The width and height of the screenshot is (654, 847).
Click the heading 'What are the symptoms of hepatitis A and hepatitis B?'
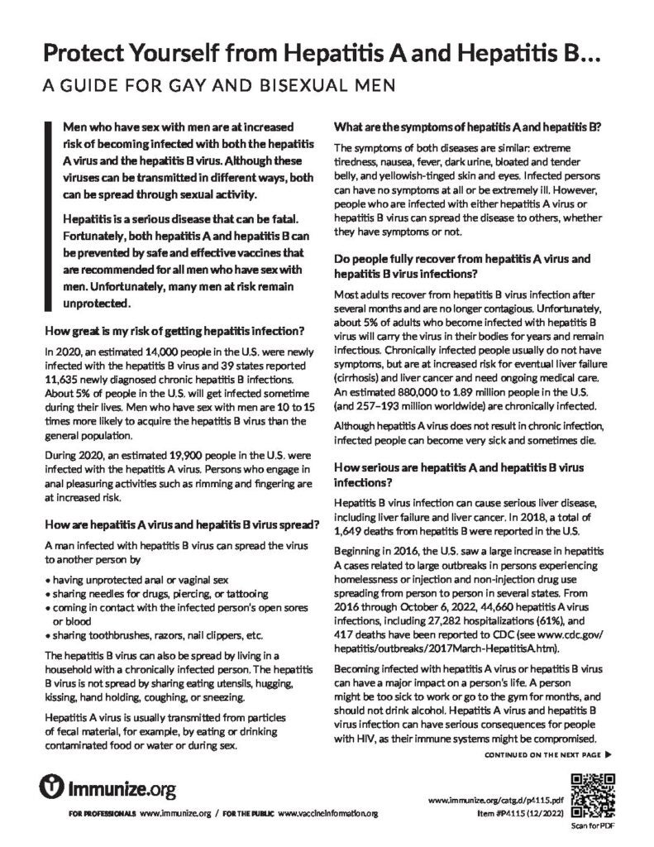point(466,127)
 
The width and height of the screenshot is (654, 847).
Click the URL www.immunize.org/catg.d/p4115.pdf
point(497,802)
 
